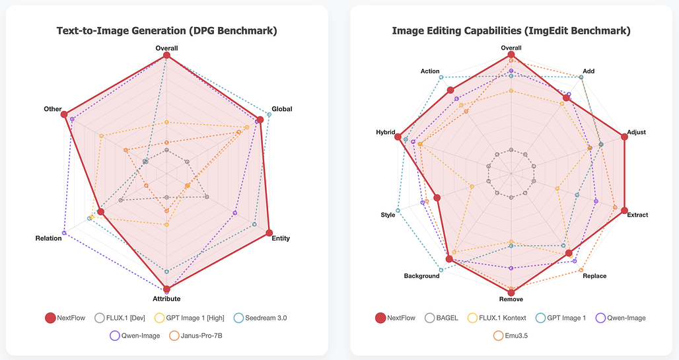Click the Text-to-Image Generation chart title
pyautogui.click(x=166, y=31)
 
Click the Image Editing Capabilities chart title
pyautogui.click(x=511, y=31)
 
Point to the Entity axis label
pyautogui.click(x=281, y=238)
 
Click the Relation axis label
pyautogui.click(x=49, y=238)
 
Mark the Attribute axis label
pyautogui.click(x=166, y=299)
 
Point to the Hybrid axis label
pyautogui.click(x=385, y=133)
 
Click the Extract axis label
pyautogui.click(x=637, y=215)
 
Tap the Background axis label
pyautogui.click(x=421, y=276)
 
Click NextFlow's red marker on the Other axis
pyautogui.click(x=64, y=115)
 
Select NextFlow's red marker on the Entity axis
pyautogui.click(x=269, y=233)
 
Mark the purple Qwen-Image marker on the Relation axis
pyautogui.click(x=64, y=233)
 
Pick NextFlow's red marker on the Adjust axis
pyautogui.click(x=624, y=137)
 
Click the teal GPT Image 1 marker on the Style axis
pyautogui.click(x=398, y=211)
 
